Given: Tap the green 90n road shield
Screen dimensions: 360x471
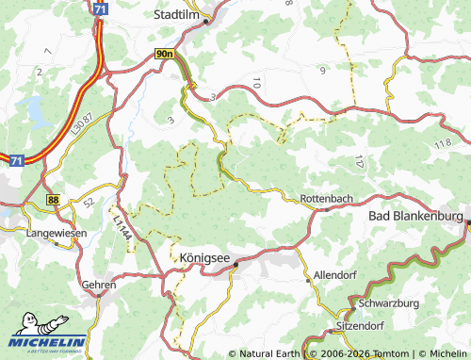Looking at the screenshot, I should (x=165, y=55).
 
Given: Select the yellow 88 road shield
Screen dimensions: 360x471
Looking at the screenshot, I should (x=53, y=199).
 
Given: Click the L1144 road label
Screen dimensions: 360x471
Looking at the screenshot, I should (x=120, y=227).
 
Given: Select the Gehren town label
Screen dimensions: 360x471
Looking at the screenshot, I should (x=99, y=284).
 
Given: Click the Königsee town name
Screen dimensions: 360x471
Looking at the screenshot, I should (x=200, y=255).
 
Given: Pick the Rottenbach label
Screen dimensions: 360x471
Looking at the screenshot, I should (x=328, y=199).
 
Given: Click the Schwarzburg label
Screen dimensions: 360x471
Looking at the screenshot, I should (x=389, y=303).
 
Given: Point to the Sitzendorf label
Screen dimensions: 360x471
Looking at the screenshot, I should (x=361, y=325).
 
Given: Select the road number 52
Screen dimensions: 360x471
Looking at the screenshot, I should (x=88, y=202).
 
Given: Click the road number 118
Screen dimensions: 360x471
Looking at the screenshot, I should (x=445, y=143).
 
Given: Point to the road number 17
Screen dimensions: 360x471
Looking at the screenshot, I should (x=361, y=161).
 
